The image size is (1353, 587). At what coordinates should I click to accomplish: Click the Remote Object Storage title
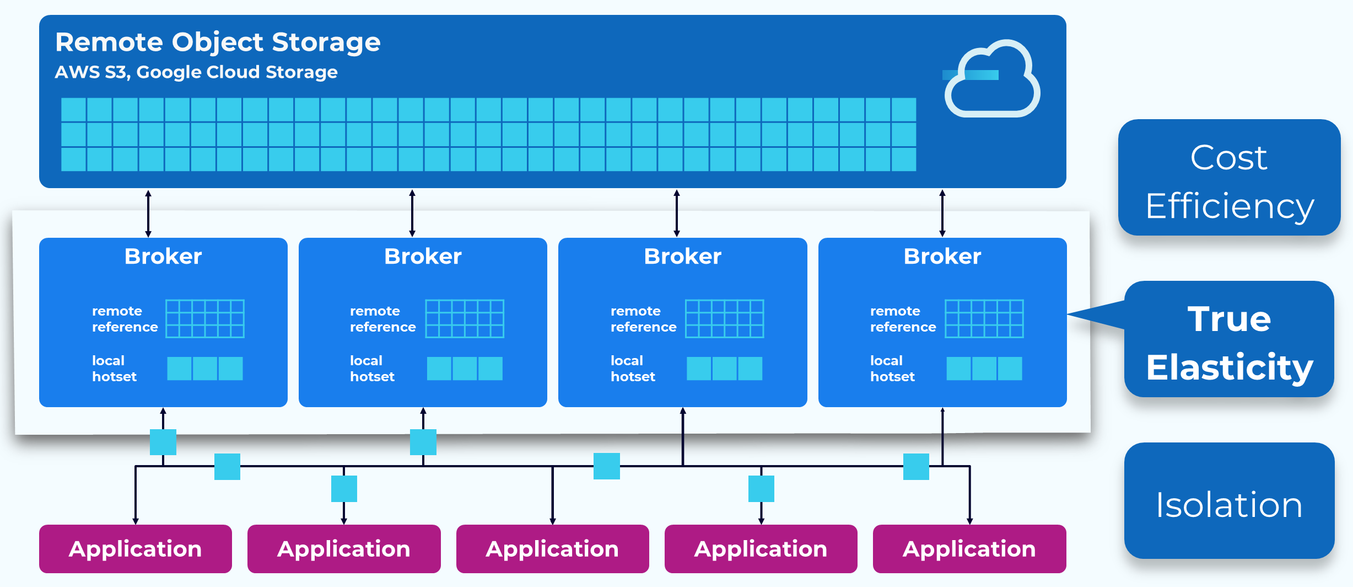coord(218,42)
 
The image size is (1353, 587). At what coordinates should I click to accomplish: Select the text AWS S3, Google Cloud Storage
coord(196,72)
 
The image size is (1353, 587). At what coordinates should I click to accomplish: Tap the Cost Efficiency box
coord(1229,178)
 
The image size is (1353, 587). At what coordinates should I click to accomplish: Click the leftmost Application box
coord(136,549)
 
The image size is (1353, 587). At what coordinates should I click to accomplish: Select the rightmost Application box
coord(969,549)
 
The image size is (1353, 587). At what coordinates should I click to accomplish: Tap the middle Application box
coord(552,549)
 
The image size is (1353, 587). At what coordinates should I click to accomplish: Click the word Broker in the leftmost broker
coord(163,257)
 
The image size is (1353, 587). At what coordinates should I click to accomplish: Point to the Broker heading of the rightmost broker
coord(942,257)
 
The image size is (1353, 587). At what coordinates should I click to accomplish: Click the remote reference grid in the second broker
coord(465,319)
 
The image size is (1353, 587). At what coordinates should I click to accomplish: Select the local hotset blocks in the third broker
coord(724,369)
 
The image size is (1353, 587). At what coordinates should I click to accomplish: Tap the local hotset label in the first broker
coord(114,369)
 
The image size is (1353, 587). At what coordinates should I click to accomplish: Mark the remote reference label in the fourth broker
coord(903,319)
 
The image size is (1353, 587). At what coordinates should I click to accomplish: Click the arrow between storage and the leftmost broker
coord(148,214)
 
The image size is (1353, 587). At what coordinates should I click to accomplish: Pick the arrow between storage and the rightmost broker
coord(942,214)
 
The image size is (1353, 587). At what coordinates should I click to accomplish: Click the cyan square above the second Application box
coord(344,489)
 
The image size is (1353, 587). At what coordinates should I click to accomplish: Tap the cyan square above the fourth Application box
coord(761,489)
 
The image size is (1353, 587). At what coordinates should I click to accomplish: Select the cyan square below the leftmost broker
coord(163,442)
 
